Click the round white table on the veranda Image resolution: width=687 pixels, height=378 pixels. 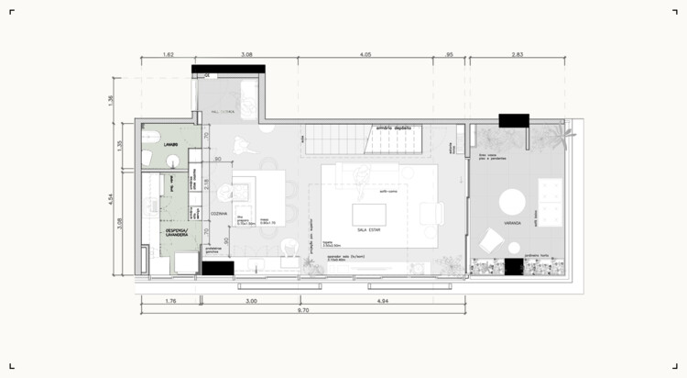[x=510, y=202]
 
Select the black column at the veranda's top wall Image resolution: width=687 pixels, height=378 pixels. [x=514, y=121]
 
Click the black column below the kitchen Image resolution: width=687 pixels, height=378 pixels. [x=218, y=269]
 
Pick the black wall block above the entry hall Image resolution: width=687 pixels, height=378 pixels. [x=228, y=70]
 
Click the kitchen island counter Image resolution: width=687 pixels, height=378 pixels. [x=248, y=202]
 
